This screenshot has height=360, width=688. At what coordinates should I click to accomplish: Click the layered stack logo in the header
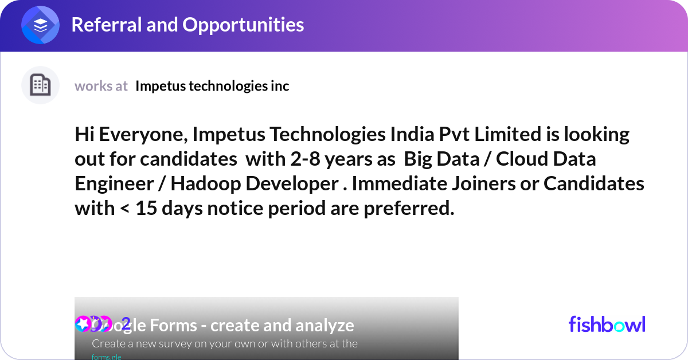41,25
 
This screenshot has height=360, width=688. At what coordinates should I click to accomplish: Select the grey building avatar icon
40,85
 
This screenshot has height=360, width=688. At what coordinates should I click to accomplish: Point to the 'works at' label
101,86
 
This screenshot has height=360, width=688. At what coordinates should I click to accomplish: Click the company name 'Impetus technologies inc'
212,86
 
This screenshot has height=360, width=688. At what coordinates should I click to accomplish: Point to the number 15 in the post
146,209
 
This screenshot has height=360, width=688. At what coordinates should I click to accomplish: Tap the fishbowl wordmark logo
607,324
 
